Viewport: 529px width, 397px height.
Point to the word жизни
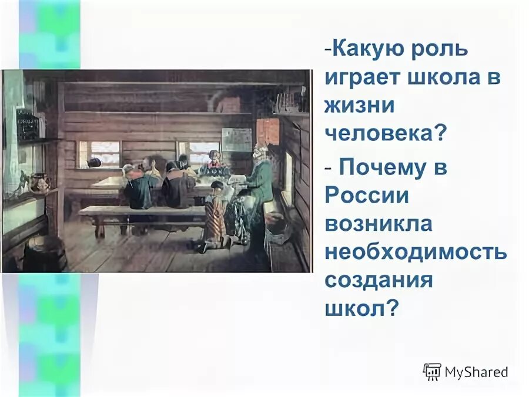pos(359,108)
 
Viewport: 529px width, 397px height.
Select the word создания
pos(379,280)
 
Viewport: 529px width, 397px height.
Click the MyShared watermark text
pos(476,372)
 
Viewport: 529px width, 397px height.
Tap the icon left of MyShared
pos(431,372)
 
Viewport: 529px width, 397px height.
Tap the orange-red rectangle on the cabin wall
pos(268,131)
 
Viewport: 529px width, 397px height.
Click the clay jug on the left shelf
pos(39,183)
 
